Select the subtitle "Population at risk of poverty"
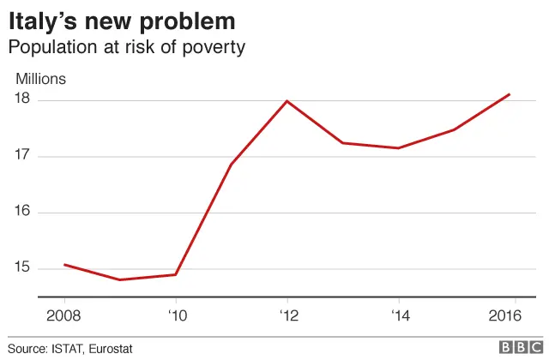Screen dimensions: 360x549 pos(126,46)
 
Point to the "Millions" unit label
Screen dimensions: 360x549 pos(40,79)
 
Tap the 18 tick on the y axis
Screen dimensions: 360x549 pos(22,99)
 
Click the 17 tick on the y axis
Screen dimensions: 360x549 pos(22,156)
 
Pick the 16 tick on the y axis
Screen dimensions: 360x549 pos(22,213)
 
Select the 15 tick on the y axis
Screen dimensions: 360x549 pos(22,268)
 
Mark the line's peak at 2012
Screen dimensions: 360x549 pos(287,101)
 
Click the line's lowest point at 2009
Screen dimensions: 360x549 pos(120,279)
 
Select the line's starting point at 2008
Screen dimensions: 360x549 pos(64,265)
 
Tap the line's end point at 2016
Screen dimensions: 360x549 pos(510,94)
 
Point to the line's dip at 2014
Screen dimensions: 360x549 pos(398,148)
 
